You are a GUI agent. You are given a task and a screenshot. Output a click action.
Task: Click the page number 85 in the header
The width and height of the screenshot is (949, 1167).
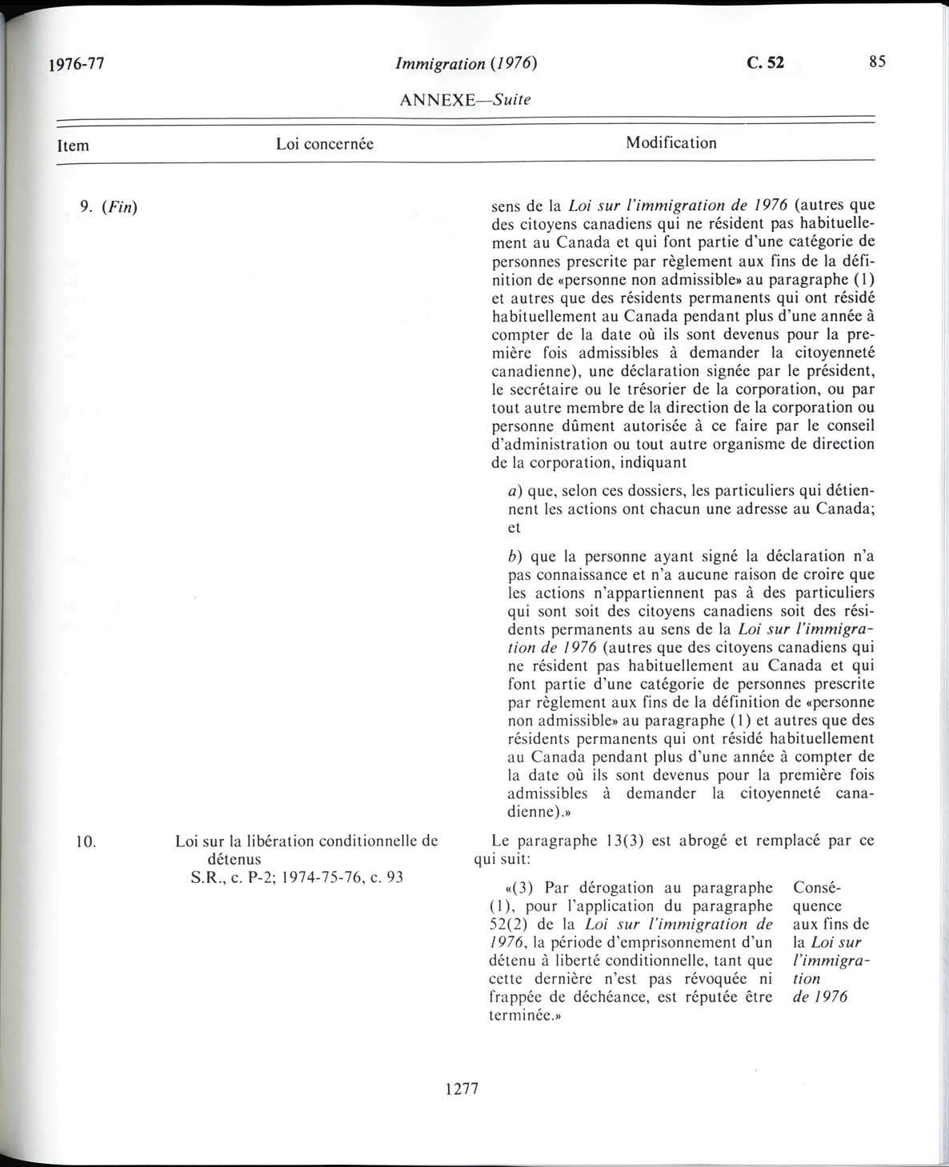pos(877,62)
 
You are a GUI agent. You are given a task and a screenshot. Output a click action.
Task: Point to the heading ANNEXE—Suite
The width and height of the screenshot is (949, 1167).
pos(464,100)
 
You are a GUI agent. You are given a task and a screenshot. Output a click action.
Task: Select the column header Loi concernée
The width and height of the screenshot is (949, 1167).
pos(325,144)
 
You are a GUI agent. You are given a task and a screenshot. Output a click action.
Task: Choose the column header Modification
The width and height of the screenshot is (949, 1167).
pos(671,143)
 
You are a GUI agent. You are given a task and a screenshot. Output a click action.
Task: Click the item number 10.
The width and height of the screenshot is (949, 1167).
pos(87,841)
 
